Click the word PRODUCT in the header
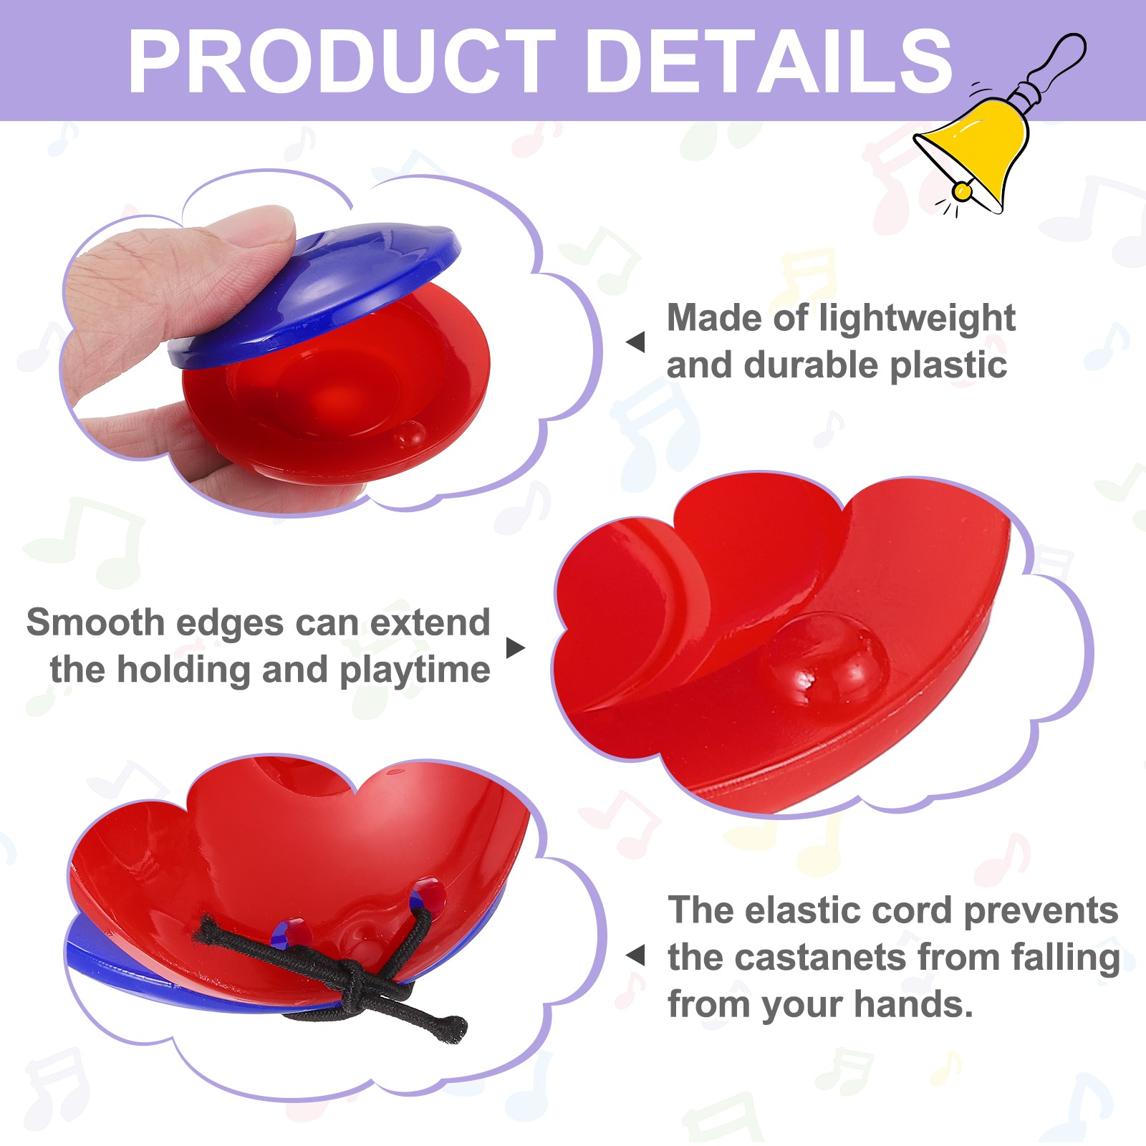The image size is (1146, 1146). pyautogui.click(x=342, y=62)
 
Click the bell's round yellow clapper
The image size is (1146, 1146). pyautogui.click(x=963, y=191)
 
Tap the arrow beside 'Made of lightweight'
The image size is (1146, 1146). pyautogui.click(x=635, y=342)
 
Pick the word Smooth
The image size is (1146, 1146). pyautogui.click(x=96, y=622)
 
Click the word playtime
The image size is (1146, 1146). pyautogui.click(x=415, y=671)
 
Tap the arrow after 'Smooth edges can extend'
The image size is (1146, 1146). pyautogui.click(x=516, y=647)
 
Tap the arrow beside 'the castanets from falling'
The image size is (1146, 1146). pyautogui.click(x=635, y=955)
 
